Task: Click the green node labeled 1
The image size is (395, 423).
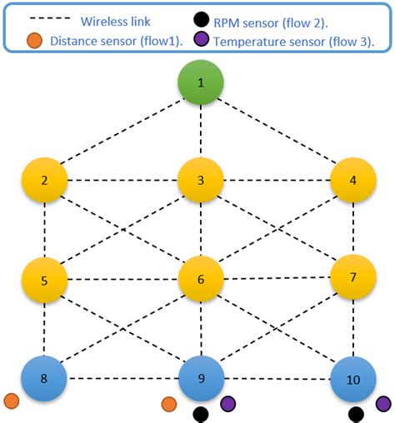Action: coord(200,84)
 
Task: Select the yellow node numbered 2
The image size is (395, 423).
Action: coord(45,181)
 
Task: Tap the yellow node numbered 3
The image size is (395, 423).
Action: coord(200,181)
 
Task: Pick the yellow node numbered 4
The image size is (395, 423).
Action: coord(353,181)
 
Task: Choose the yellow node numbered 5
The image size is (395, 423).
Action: coord(45,279)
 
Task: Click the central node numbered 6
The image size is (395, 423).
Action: coord(200,279)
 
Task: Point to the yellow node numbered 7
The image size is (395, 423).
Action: coord(353,276)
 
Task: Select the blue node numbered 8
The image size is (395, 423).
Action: coord(45,378)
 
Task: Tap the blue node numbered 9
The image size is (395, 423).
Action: coord(200,378)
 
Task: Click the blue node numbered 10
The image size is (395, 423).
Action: coord(353,380)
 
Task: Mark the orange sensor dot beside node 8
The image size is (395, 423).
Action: coord(11,401)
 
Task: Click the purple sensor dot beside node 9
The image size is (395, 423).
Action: coord(227,404)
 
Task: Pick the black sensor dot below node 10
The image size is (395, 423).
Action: coord(356,414)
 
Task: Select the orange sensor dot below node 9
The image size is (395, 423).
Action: coord(168,404)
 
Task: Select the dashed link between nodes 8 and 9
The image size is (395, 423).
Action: coord(122,379)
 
